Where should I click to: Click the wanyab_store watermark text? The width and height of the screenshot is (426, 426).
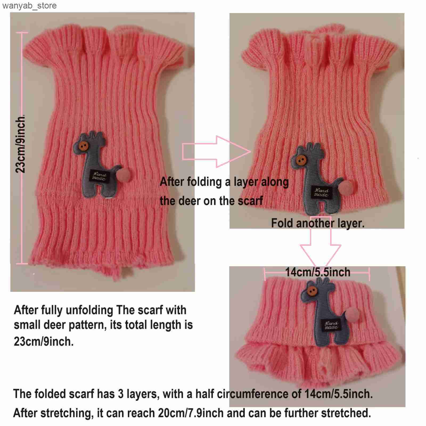pos(30,6)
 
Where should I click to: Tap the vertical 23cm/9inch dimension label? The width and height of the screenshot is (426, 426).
pos(21,144)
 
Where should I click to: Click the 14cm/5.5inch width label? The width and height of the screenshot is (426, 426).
pos(318,272)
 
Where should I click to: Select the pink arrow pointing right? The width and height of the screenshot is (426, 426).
pos(216,151)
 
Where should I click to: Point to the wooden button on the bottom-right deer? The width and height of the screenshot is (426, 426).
pos(312,291)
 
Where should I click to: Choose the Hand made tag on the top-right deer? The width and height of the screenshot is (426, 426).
pos(321,192)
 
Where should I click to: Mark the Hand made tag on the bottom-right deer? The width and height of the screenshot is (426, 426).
pos(331,325)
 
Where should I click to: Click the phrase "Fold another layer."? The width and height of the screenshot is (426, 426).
pos(318,223)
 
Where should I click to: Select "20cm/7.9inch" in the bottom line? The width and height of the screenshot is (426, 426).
pos(191,413)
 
